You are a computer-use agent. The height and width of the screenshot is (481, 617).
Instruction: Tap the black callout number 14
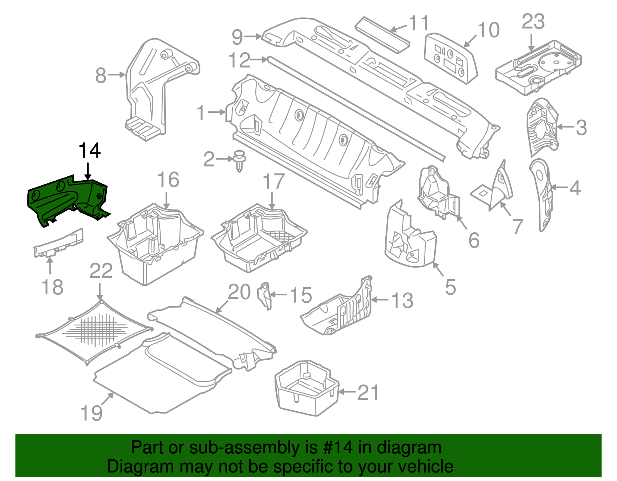coord(89,151)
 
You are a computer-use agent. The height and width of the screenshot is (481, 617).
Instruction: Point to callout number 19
coord(91,413)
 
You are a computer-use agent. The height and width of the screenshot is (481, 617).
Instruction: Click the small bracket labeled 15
coord(265,295)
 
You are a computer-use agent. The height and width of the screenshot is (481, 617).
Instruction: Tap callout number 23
coord(533,22)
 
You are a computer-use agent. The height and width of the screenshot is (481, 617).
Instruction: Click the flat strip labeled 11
coord(382,35)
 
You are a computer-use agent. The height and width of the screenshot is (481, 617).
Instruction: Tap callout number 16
coord(169,180)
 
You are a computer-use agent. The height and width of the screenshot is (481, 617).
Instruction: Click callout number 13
coord(402,300)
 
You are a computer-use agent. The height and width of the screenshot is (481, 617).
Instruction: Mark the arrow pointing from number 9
coord(253,37)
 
